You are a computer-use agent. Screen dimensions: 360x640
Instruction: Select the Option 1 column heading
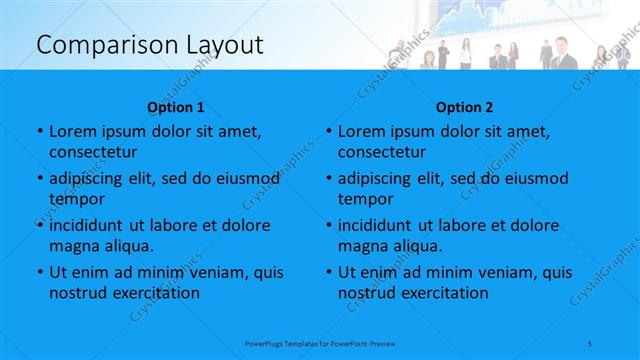[x=176, y=107]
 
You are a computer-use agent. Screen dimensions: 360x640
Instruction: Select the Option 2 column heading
[x=464, y=107]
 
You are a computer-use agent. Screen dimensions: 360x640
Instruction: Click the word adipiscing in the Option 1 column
[x=93, y=178]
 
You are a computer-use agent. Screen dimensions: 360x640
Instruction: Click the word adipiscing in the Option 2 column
[x=381, y=178]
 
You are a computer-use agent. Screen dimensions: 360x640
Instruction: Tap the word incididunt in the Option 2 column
[x=380, y=225]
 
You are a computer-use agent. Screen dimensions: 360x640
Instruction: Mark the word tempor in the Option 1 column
[x=75, y=199]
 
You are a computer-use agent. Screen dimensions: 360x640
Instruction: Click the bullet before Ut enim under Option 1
[x=39, y=272]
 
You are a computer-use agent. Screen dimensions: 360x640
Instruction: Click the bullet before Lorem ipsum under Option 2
[x=328, y=131]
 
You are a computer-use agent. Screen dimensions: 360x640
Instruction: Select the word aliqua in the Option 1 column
[x=128, y=246]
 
